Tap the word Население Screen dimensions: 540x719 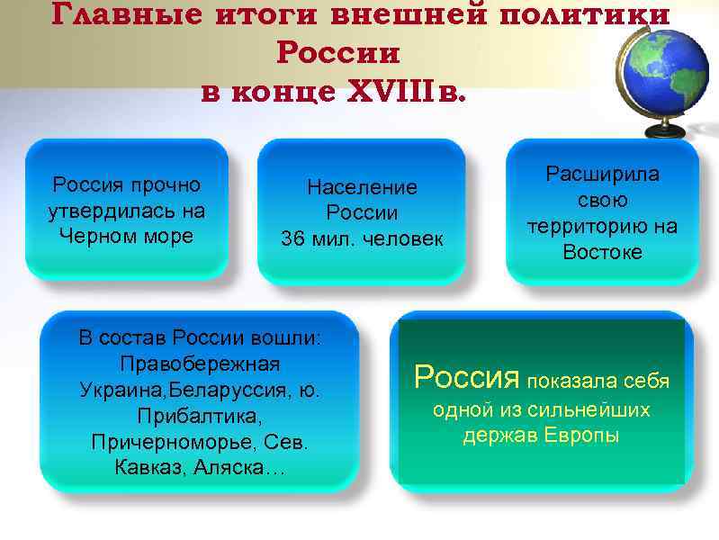[362, 187]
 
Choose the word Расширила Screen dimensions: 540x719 [603, 174]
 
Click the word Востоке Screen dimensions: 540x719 [603, 252]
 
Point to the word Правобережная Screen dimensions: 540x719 [199, 364]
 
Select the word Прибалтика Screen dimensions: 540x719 [198, 417]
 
